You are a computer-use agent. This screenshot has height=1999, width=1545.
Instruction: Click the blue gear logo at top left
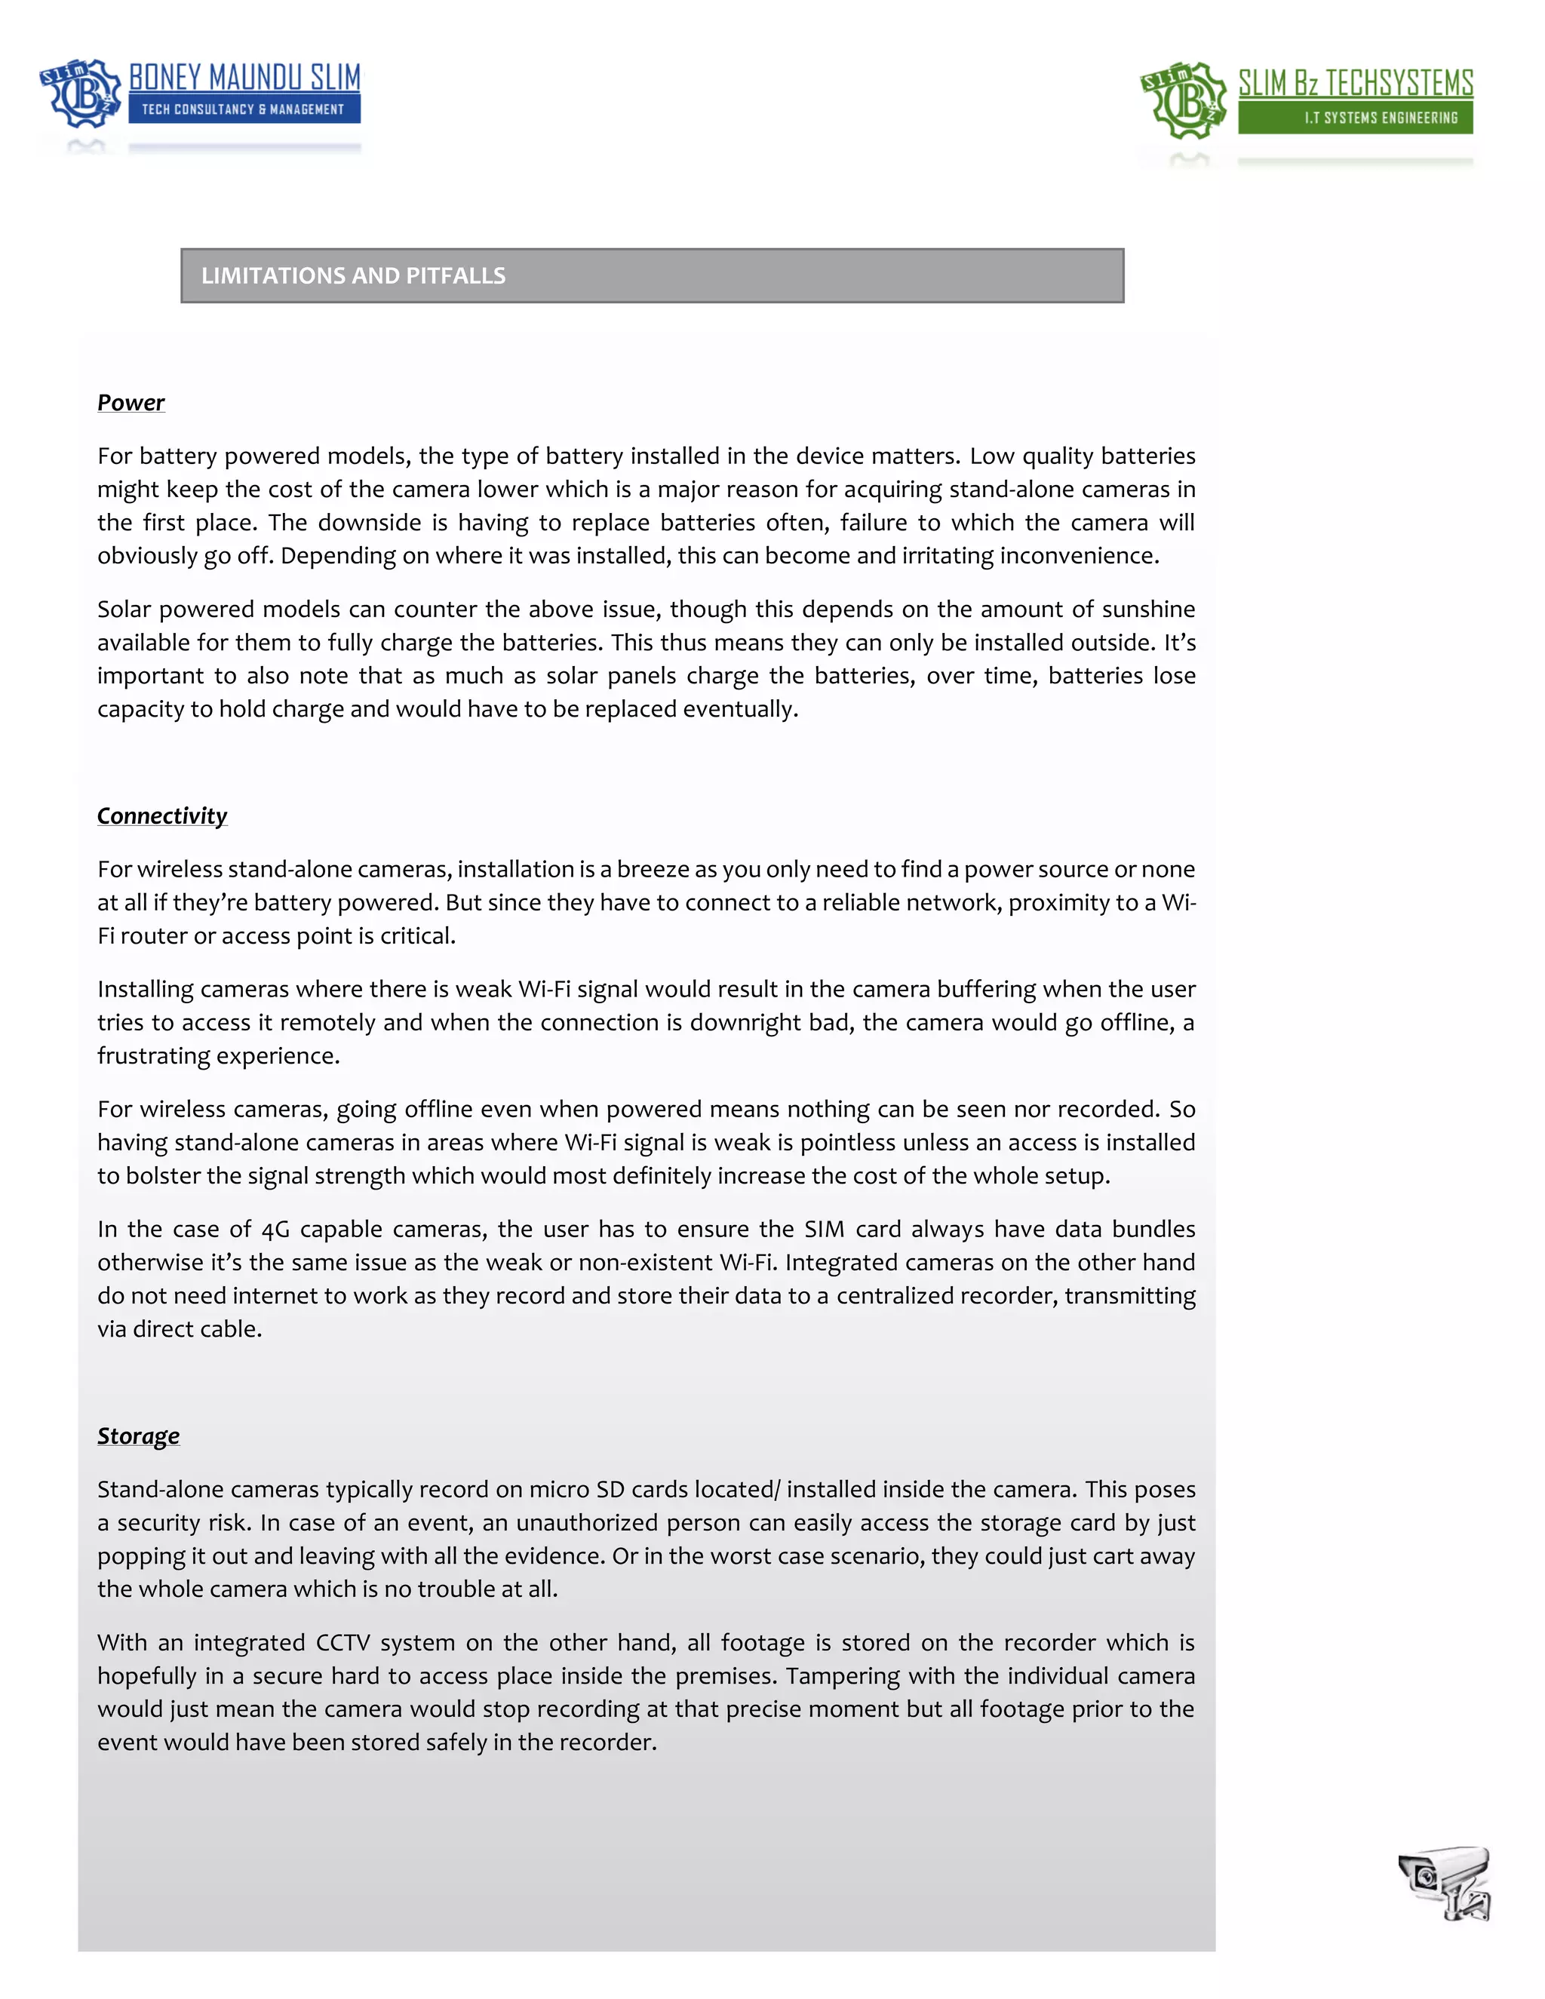[81, 93]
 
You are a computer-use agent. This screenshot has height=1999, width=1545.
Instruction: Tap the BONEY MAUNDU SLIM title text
[244, 78]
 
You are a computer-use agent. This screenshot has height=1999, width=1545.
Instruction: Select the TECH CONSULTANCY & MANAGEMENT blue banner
[244, 109]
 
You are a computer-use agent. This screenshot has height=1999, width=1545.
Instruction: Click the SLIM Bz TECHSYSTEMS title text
[1355, 83]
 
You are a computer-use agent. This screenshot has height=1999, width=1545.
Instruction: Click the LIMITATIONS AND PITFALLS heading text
[353, 275]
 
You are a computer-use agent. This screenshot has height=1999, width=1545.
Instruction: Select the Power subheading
[131, 403]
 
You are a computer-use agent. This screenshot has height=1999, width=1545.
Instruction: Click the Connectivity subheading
[162, 815]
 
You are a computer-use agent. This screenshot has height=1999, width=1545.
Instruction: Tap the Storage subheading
[138, 1436]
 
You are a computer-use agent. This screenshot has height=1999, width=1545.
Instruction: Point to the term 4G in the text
[275, 1230]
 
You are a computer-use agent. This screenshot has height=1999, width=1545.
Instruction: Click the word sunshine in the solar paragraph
[1149, 610]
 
